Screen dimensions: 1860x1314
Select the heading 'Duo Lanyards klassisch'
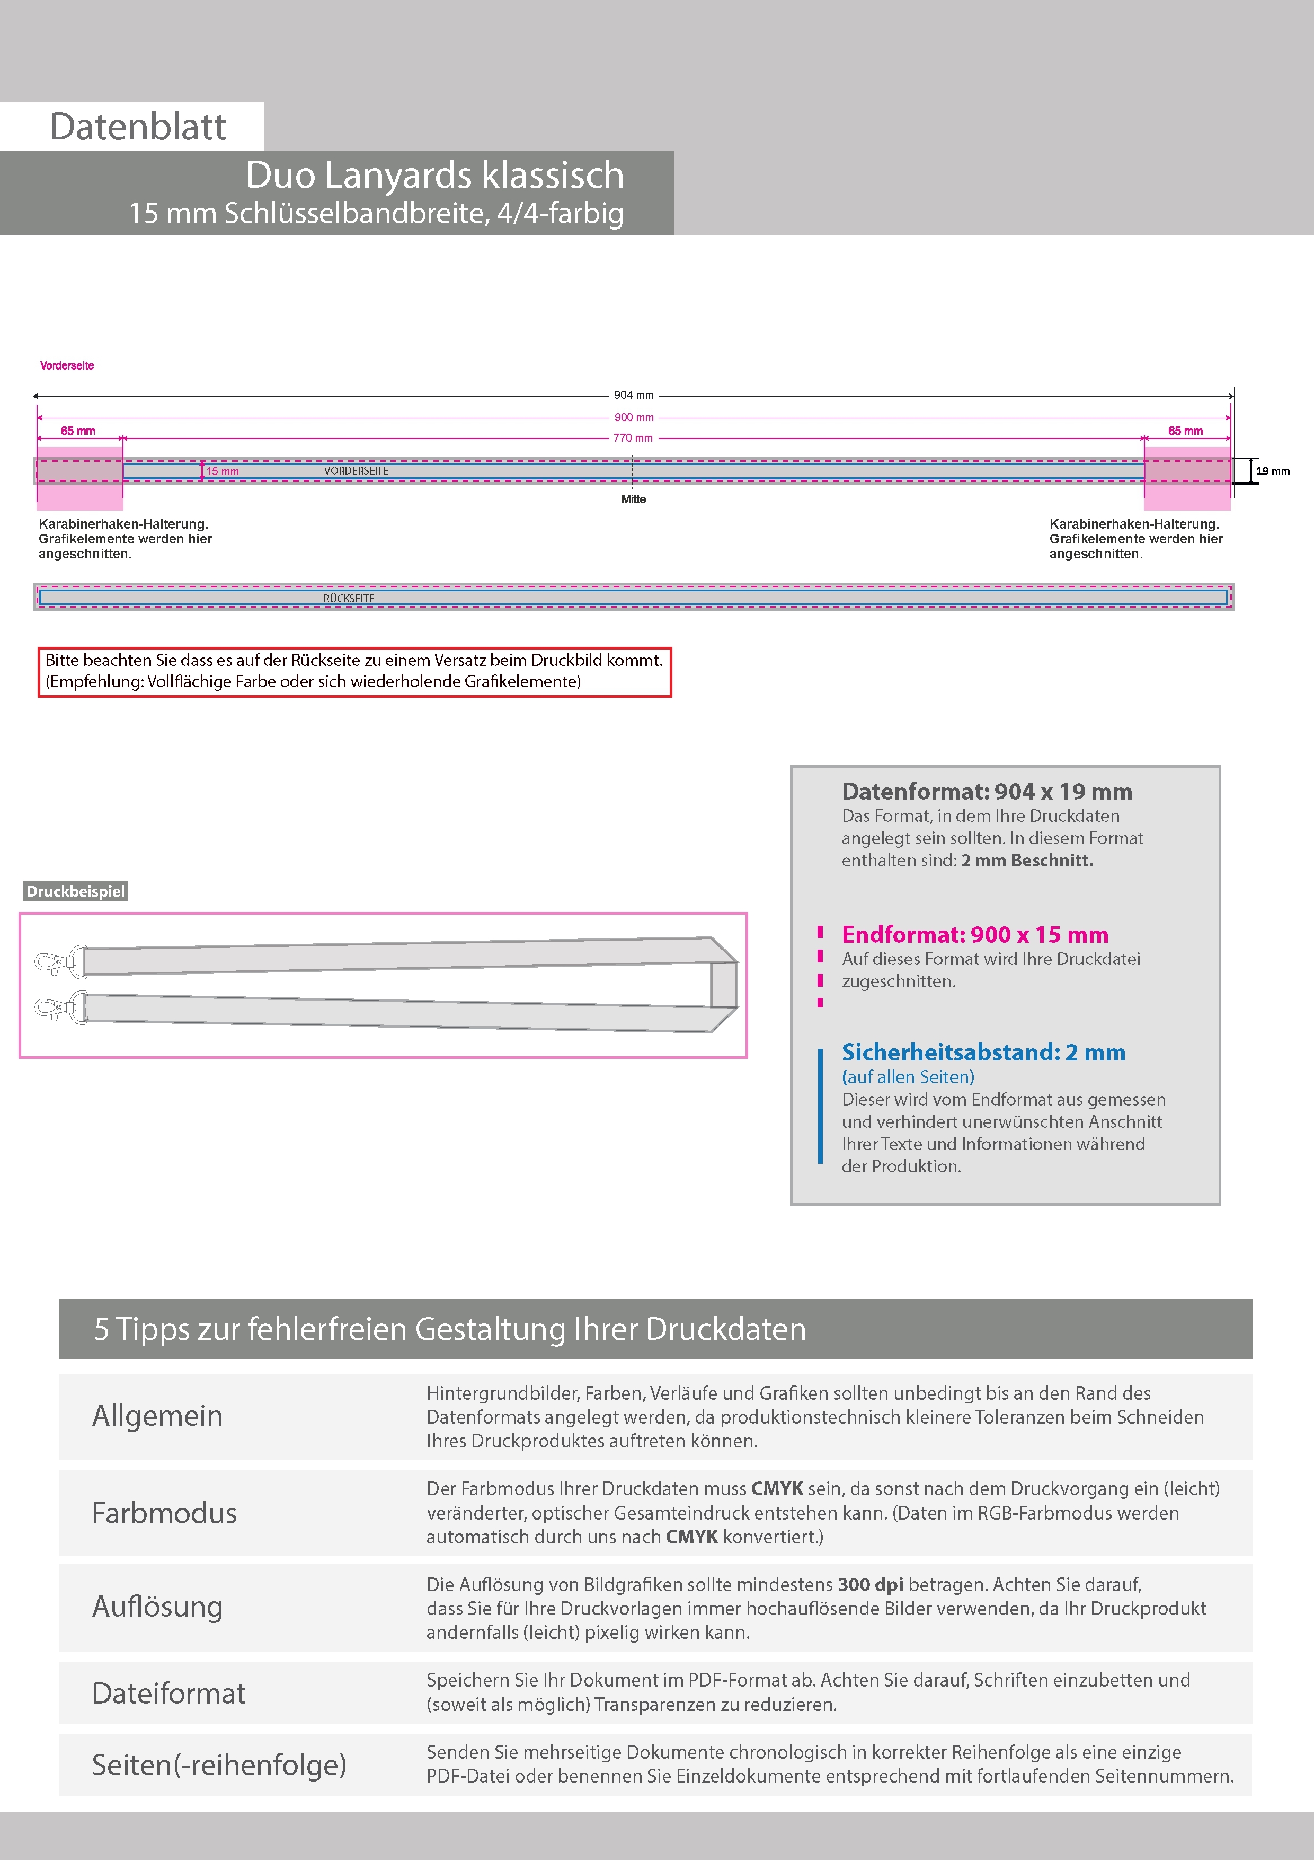435,175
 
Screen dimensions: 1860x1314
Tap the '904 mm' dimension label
633,396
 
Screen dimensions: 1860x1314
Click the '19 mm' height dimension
1273,471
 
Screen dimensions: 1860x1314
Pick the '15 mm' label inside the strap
223,471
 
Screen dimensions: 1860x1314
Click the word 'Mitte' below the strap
633,499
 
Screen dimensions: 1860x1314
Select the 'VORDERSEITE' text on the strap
356,471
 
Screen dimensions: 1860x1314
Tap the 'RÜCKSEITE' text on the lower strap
349,598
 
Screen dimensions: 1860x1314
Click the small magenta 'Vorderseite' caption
67,365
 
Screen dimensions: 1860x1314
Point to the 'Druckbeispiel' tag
75,891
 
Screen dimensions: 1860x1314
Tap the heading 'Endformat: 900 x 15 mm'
975,934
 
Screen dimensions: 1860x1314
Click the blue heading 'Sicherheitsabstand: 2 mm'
983,1052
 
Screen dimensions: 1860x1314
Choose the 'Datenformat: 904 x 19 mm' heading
986,792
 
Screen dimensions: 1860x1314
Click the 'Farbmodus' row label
164,1513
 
